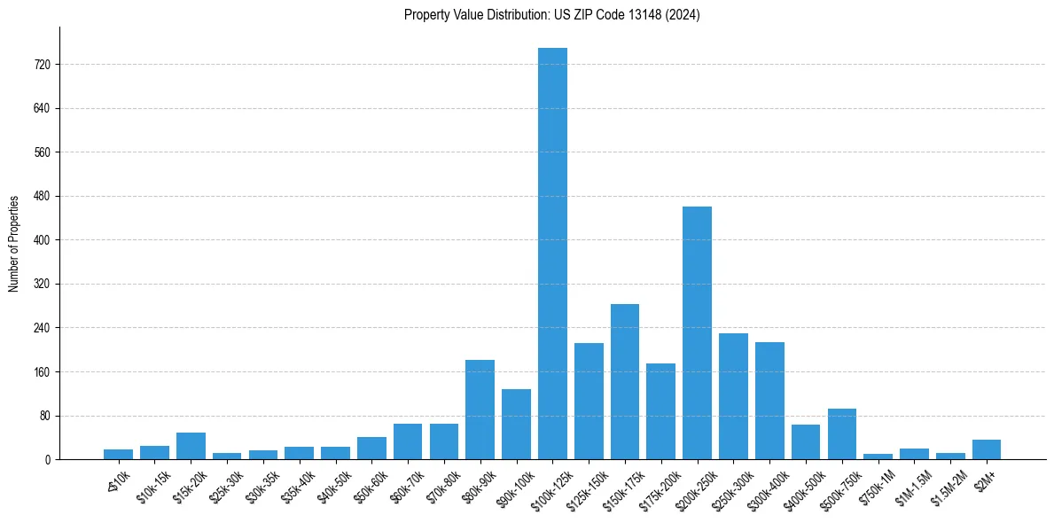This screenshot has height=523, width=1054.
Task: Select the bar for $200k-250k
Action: [x=697, y=332]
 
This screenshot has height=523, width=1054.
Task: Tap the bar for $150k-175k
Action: [x=625, y=381]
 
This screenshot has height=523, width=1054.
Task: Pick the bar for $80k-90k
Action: [x=480, y=410]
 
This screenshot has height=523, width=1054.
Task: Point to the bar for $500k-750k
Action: [x=842, y=433]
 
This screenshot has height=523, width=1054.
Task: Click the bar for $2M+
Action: [x=987, y=449]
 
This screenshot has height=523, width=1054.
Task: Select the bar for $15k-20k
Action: [x=191, y=446]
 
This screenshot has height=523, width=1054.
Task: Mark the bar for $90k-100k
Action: [x=516, y=424]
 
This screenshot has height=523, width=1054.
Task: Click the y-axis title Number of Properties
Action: [x=13, y=244]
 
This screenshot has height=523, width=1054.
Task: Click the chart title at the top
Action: [x=551, y=15]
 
